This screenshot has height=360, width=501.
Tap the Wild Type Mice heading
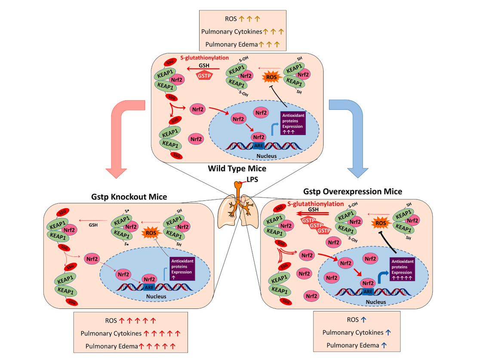(x=237, y=168)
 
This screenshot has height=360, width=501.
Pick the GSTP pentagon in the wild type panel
(x=204, y=75)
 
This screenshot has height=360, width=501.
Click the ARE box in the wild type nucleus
(x=259, y=146)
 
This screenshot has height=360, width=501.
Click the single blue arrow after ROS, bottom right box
(x=363, y=320)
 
